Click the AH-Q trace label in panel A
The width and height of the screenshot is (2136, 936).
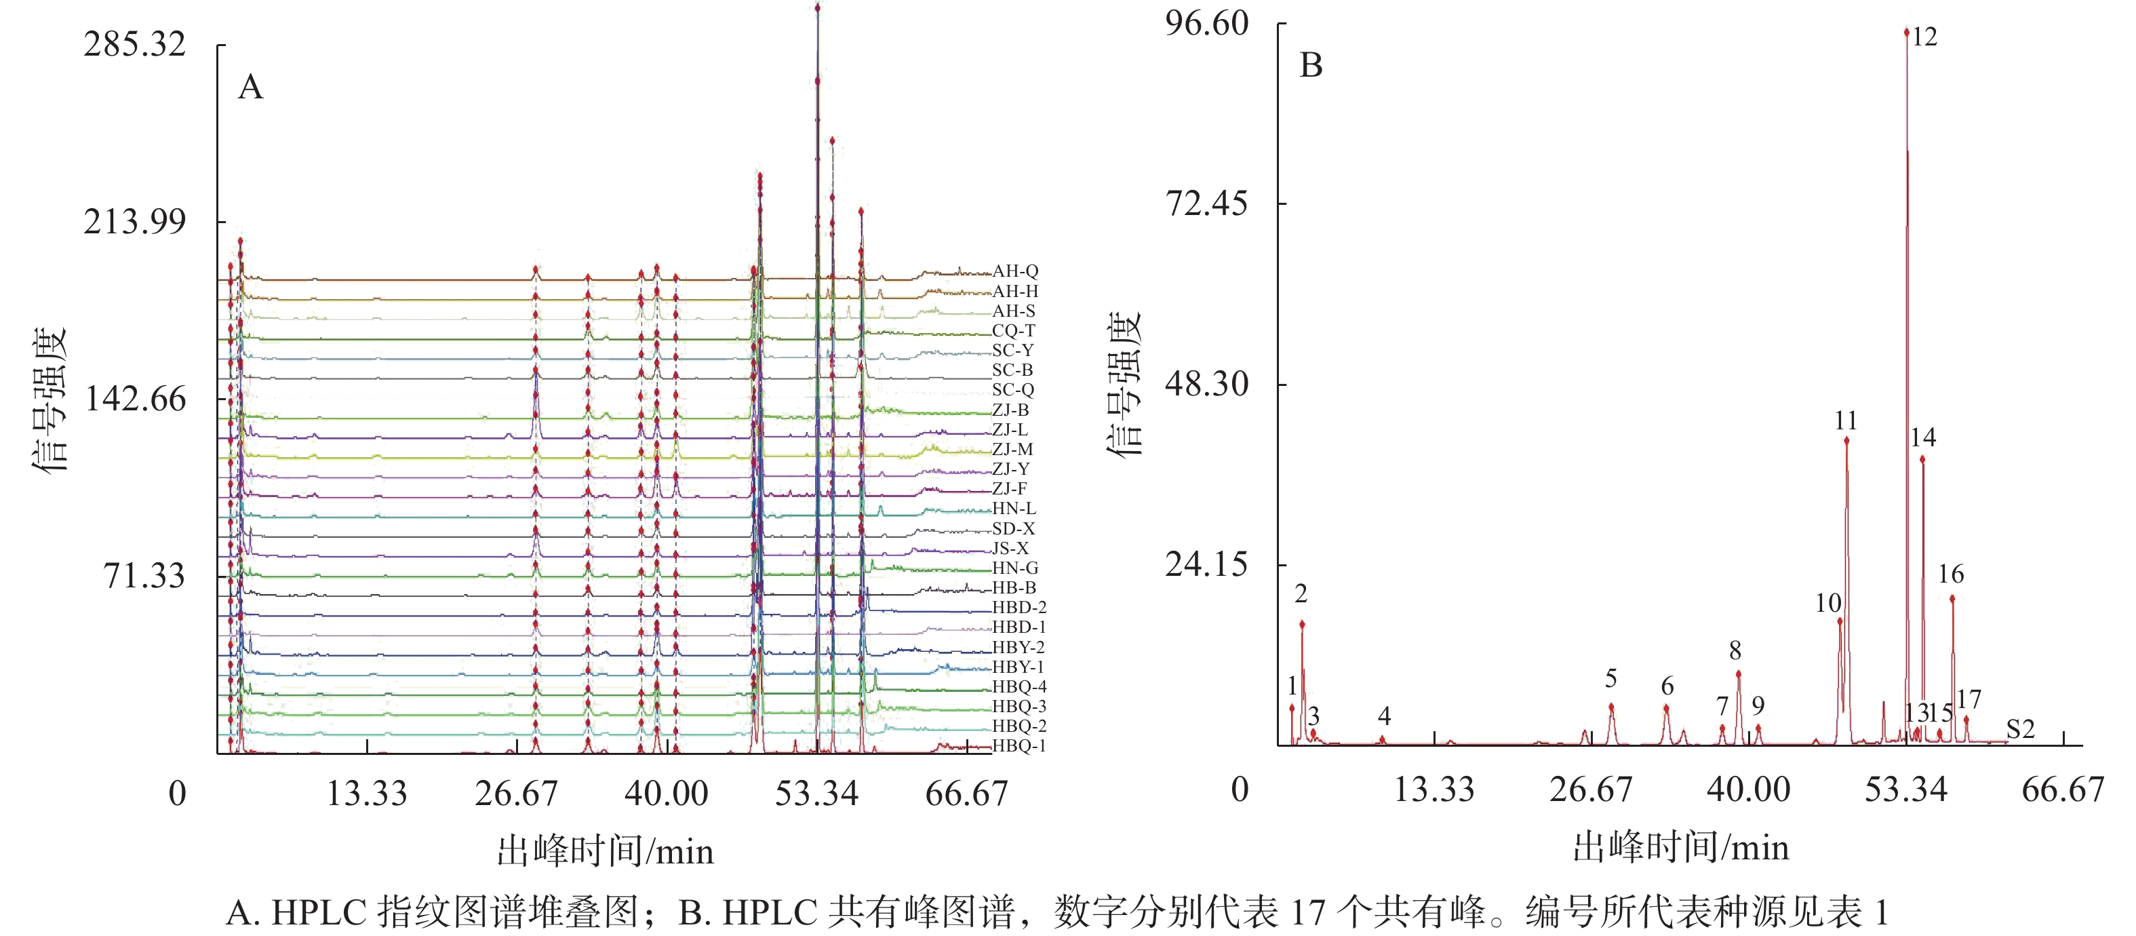1015,271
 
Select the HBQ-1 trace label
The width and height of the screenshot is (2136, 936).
1019,745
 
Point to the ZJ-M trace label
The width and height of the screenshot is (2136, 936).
1012,449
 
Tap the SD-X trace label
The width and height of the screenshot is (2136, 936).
1013,528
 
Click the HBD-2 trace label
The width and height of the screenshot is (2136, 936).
1019,607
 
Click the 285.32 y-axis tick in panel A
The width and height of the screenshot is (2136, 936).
134,44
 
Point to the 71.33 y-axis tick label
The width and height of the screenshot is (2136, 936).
144,575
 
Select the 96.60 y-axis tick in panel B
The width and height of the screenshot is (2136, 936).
1206,23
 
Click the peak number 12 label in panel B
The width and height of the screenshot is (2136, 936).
1924,37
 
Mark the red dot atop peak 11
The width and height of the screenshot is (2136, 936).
1846,440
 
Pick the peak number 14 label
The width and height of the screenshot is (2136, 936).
1923,437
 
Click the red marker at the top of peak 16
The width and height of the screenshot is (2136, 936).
1952,598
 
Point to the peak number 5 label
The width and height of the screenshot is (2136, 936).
1610,679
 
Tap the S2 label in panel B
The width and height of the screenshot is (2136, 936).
2020,730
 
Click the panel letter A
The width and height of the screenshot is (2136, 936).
250,87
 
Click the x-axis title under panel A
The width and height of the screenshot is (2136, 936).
606,851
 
